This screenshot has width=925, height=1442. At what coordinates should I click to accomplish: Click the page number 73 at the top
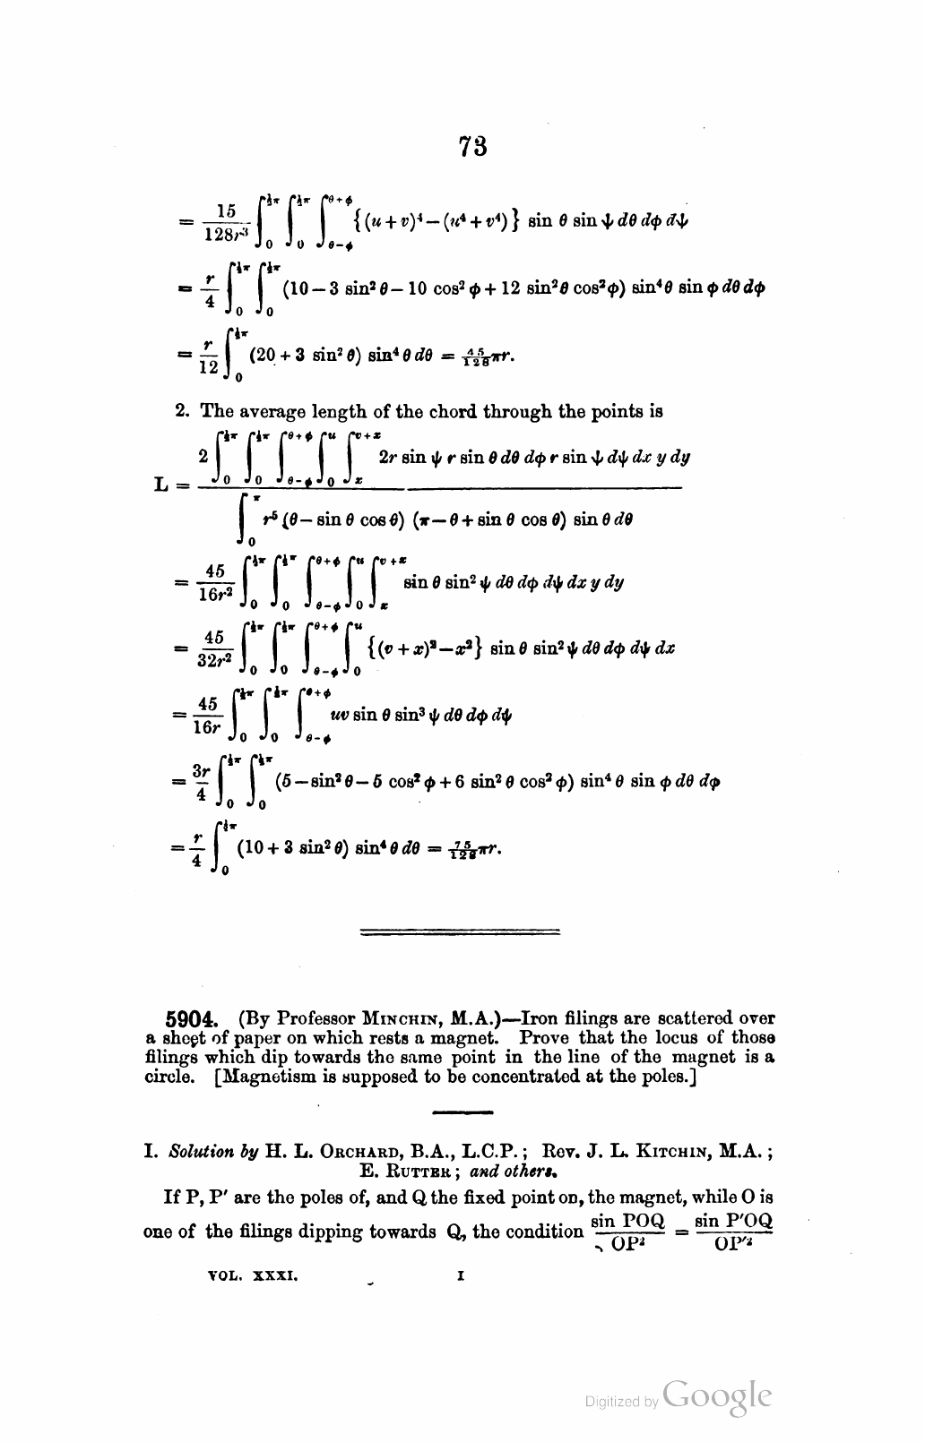tap(472, 146)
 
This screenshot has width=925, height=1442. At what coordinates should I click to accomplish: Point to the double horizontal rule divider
tap(459, 932)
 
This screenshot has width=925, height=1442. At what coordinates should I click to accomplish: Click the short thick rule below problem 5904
tap(462, 1113)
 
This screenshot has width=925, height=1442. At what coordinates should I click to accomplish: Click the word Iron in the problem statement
tap(540, 1018)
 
